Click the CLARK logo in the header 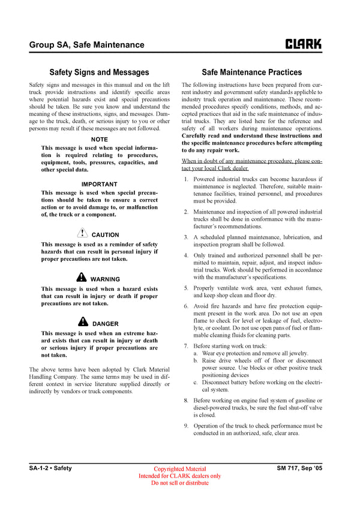(x=303, y=44)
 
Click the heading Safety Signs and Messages (x=99, y=72)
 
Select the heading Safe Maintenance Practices (x=251, y=72)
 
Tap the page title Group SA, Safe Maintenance (x=86, y=44)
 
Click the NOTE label (x=99, y=139)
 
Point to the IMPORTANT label (x=99, y=184)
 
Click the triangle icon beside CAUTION (x=83, y=234)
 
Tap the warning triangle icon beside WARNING (x=82, y=278)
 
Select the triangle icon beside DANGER (x=83, y=322)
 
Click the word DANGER (x=106, y=323)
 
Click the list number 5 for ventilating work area (x=186, y=288)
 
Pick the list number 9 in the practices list (x=186, y=426)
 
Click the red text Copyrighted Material (x=180, y=469)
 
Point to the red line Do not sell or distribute (x=180, y=483)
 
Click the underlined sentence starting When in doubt (x=251, y=165)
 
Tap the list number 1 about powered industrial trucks (x=186, y=179)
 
